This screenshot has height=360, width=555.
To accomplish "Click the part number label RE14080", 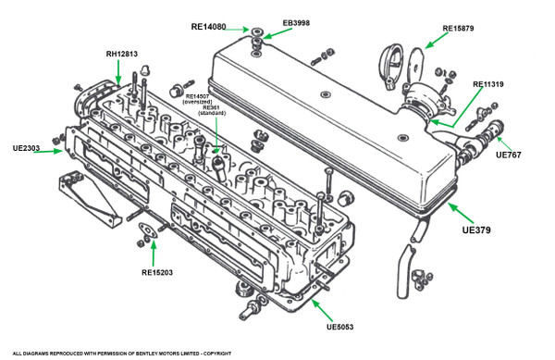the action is tap(208, 27).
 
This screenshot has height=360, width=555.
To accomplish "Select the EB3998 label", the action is tap(296, 23).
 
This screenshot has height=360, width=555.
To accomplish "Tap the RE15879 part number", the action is tap(458, 29).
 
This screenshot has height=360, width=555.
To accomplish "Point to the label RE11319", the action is tap(488, 84).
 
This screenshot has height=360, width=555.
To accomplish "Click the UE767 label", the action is tap(508, 155).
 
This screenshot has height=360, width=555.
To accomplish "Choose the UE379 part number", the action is tap(476, 230).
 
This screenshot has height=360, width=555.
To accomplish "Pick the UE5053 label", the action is tap(339, 327).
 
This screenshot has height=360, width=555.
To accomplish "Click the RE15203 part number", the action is tap(157, 273).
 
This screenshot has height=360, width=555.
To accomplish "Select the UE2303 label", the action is tap(26, 148).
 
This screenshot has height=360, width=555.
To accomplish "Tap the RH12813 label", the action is tap(122, 55).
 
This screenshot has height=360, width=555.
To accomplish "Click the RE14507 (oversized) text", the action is tap(198, 99).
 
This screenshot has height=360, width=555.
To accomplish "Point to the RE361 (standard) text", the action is tap(212, 110).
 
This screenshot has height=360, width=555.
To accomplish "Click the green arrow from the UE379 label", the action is tap(461, 213).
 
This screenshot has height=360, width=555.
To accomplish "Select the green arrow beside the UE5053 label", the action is tap(322, 310).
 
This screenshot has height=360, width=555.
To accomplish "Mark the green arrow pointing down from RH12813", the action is tap(118, 72).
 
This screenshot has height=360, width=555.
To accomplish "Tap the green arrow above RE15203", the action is tap(154, 253).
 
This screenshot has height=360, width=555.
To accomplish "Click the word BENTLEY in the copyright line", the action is tap(147, 354).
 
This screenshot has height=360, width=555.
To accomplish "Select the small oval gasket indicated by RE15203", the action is tap(148, 230).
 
